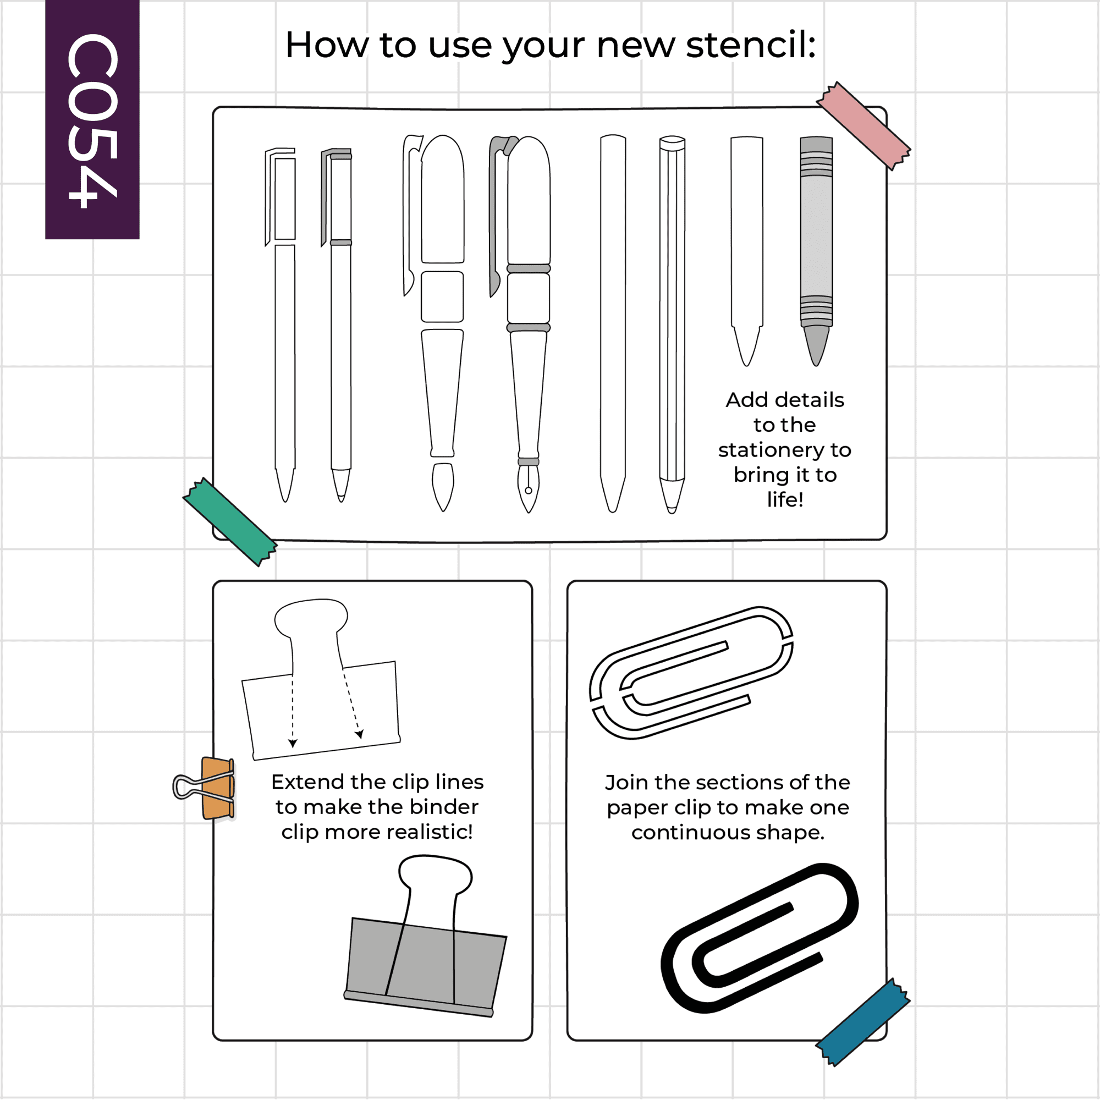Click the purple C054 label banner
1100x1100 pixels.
tap(92, 119)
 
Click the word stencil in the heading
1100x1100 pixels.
tap(751, 45)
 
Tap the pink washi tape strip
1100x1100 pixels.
tap(863, 126)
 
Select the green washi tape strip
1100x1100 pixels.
tap(230, 521)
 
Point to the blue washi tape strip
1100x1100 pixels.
tap(863, 1022)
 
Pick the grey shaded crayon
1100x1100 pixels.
tap(816, 250)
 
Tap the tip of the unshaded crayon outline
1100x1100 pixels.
tap(746, 365)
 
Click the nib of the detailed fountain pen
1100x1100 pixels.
tap(529, 488)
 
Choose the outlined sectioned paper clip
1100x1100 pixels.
tap(691, 673)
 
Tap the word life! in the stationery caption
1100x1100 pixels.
tap(785, 499)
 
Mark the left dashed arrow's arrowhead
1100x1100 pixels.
tap(293, 744)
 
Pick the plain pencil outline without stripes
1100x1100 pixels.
tap(613, 323)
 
